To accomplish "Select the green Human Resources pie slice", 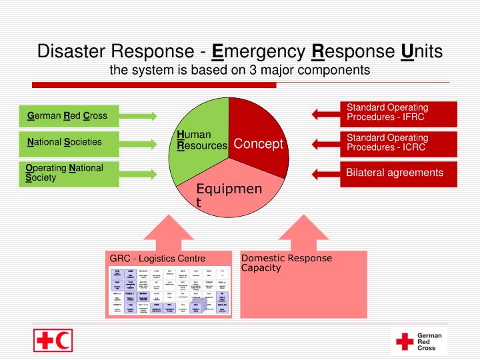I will click(x=198, y=143).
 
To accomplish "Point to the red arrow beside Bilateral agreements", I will click(x=326, y=173).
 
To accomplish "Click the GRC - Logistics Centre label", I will click(x=158, y=259).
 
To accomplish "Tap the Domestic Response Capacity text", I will click(x=287, y=263).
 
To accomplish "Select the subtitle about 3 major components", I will click(x=239, y=69).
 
